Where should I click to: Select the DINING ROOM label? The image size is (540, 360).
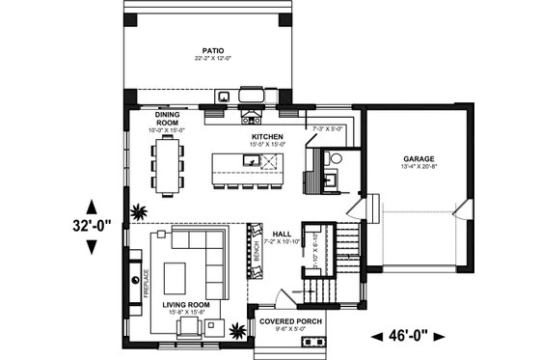click(x=169, y=120)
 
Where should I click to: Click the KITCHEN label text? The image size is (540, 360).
click(x=267, y=138)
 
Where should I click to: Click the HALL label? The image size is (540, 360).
click(x=282, y=234)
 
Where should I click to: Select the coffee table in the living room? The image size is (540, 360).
click(x=176, y=278)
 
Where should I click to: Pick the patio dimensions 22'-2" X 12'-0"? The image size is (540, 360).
click(x=213, y=59)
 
